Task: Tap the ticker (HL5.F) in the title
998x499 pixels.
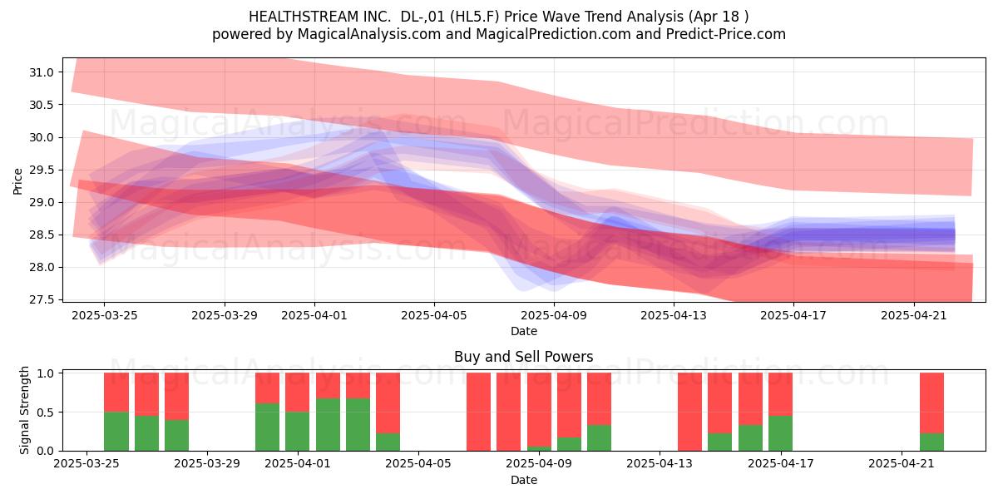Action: pos(475,17)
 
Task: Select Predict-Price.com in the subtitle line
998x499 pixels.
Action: pos(726,34)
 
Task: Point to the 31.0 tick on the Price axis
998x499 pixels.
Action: pos(41,72)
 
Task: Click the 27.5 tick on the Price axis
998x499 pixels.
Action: pos(41,299)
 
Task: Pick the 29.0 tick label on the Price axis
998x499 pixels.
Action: pos(41,202)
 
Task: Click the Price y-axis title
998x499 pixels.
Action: pos(17,181)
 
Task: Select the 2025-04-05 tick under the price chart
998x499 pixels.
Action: pos(434,315)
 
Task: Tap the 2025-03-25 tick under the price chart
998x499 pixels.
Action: pos(104,315)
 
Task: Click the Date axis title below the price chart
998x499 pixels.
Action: pos(523,331)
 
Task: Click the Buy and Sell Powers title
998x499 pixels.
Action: pos(523,357)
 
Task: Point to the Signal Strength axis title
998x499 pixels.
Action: pos(24,410)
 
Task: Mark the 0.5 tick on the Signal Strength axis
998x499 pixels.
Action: pos(47,413)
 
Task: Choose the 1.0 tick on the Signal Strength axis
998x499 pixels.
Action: pos(47,373)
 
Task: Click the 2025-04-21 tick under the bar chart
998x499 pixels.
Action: pos(902,464)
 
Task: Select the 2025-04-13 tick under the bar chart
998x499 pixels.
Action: pos(660,464)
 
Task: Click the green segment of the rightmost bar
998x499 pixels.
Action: pos(931,442)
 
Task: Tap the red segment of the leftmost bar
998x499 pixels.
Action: pos(116,393)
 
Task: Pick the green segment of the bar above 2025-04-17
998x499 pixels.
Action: pos(780,433)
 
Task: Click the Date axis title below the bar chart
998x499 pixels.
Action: pos(523,480)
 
